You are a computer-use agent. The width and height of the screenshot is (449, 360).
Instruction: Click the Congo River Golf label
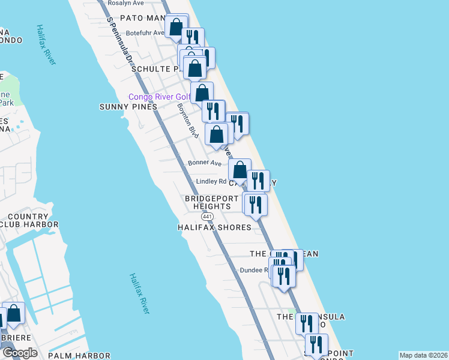(160, 97)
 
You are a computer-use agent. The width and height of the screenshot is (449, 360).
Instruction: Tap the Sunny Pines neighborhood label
(128, 107)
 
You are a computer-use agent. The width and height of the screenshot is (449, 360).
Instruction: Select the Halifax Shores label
(214, 227)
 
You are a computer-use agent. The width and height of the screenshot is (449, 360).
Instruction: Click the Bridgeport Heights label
(208, 202)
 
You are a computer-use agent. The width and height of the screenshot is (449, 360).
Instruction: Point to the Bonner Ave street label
(205, 163)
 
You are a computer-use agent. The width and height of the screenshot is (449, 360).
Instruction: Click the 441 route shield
(208, 216)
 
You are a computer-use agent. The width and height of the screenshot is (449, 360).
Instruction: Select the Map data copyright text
(423, 355)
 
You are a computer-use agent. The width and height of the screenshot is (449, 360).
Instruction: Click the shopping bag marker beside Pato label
(176, 27)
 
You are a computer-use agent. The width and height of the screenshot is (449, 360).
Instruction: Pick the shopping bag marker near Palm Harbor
(13, 313)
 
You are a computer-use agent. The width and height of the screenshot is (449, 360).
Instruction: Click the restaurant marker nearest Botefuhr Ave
(193, 38)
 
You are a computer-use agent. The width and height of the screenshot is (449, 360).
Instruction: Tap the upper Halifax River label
(46, 45)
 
